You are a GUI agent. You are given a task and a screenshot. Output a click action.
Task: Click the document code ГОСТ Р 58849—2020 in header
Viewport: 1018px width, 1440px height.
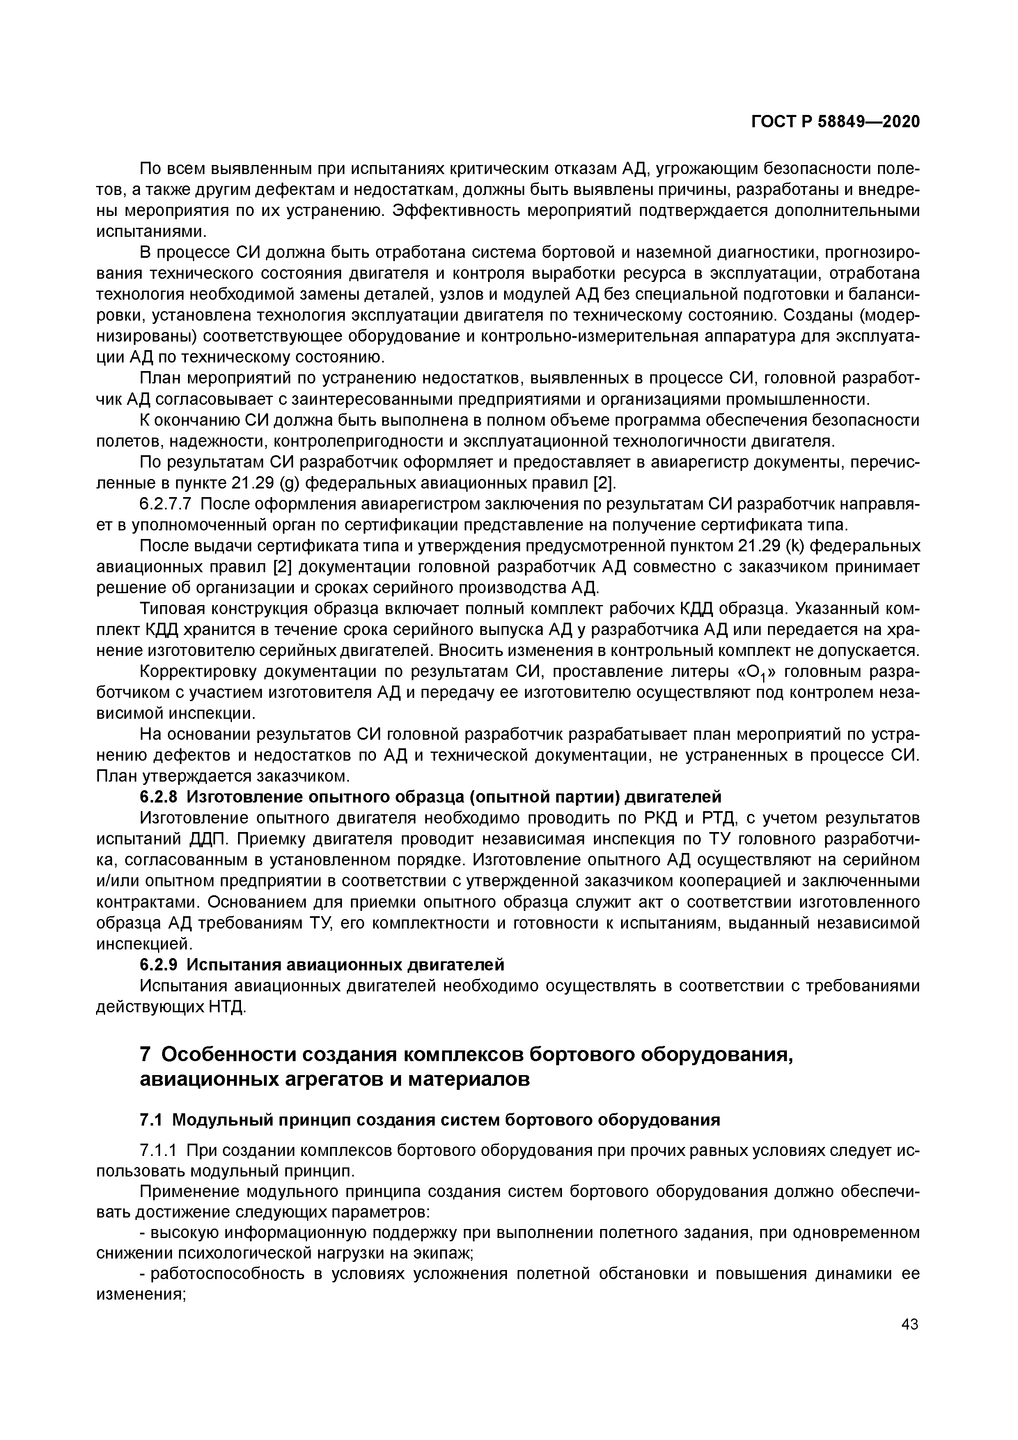835,122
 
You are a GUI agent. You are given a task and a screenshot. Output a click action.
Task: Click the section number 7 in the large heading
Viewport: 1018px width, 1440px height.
146,1055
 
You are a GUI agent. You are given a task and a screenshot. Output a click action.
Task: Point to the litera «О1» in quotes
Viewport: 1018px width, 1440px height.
759,672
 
